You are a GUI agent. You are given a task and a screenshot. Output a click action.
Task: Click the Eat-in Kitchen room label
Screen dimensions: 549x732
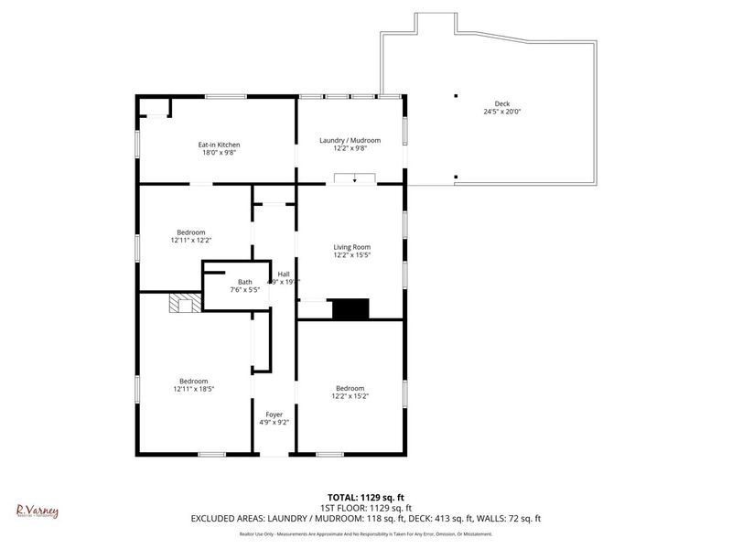tap(220, 145)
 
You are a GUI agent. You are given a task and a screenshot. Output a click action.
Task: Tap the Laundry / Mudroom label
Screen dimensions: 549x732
tap(350, 140)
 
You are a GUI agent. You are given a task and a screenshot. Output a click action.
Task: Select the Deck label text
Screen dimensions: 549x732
tap(501, 103)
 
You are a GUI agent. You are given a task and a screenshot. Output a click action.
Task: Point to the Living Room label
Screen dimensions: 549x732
tap(351, 247)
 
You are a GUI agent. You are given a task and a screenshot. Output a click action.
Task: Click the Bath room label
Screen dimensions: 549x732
tap(244, 282)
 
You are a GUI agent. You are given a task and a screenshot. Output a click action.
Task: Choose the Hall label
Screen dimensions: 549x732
tap(284, 274)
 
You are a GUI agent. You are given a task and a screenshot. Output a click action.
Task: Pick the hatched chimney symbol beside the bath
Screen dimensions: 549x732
tap(180, 304)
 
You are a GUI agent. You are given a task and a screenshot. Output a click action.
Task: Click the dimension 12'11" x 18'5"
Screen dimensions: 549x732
tap(193, 389)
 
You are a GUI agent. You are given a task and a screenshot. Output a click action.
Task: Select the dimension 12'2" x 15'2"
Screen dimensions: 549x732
tap(350, 396)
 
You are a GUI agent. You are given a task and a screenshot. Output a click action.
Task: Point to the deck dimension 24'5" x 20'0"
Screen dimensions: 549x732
tap(501, 112)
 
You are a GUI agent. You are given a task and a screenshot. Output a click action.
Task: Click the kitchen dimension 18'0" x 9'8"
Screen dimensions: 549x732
tap(220, 153)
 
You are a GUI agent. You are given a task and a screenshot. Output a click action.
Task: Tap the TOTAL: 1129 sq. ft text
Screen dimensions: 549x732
tap(365, 497)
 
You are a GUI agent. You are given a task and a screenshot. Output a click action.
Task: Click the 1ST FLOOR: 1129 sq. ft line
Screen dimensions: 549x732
tap(365, 508)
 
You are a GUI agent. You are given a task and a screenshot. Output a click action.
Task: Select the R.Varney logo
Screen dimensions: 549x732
tap(38, 511)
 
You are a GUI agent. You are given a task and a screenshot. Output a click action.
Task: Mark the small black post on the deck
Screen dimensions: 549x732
tap(455, 95)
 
